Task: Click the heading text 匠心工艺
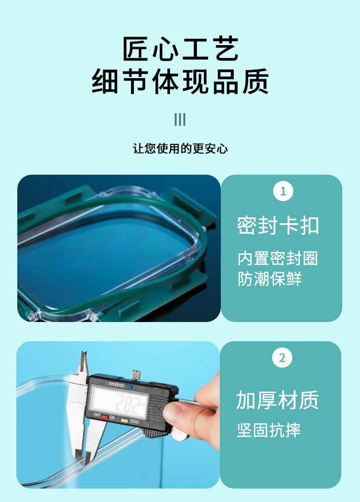click(x=180, y=50)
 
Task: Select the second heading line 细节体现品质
click(x=180, y=82)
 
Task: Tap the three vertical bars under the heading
click(x=180, y=120)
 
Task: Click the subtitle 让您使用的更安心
click(x=180, y=148)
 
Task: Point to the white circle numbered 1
click(x=283, y=191)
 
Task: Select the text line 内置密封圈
click(x=278, y=258)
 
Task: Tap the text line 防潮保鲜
click(x=270, y=279)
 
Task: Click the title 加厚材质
click(x=277, y=400)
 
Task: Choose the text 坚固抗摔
click(x=269, y=430)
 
